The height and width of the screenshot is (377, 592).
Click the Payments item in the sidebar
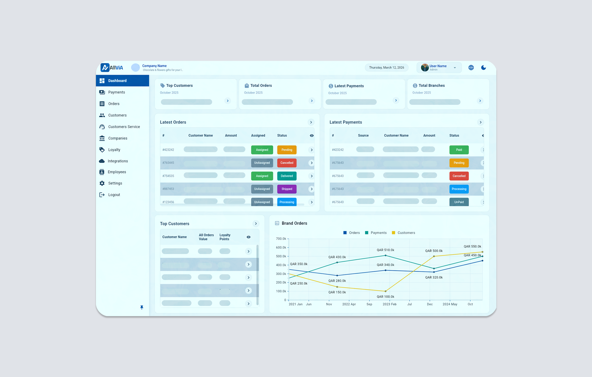[x=116, y=92]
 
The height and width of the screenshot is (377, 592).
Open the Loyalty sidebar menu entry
[x=114, y=150]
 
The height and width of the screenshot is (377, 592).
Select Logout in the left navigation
[x=114, y=195]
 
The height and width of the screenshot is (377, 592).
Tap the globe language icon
[x=471, y=68]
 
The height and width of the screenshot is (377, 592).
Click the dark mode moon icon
[x=483, y=68]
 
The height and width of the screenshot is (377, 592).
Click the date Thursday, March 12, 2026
[x=386, y=68]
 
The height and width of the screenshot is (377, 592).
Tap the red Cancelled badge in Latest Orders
[x=287, y=163]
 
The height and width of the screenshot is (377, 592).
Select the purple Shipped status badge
[x=287, y=189]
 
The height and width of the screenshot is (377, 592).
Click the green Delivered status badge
[x=287, y=176]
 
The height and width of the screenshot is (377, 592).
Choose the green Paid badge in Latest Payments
[x=459, y=150]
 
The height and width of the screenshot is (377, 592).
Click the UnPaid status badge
[x=459, y=202]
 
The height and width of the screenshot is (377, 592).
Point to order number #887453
[x=168, y=189]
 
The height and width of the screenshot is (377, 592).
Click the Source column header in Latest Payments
[x=363, y=135]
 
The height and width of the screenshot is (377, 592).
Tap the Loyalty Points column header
[x=225, y=237]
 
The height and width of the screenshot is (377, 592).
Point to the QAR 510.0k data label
[x=385, y=250]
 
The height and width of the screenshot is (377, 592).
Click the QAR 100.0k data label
[x=385, y=297]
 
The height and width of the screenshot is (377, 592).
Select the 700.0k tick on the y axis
[x=281, y=239]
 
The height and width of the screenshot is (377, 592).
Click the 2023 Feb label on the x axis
[x=389, y=304]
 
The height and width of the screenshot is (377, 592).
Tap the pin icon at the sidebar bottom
[x=142, y=307]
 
